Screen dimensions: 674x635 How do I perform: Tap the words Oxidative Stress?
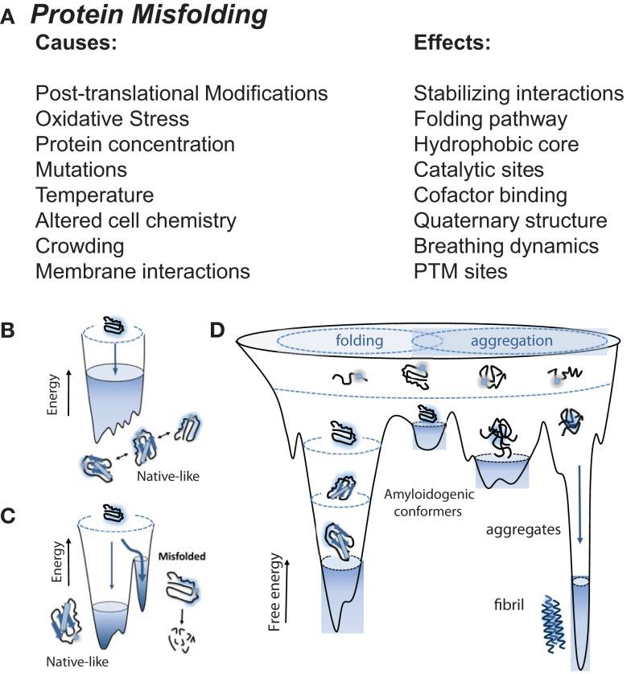[112, 120]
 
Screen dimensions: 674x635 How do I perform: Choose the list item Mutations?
[81, 171]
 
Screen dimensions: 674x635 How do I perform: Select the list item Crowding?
[80, 246]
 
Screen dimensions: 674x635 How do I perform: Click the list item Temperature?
[94, 195]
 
